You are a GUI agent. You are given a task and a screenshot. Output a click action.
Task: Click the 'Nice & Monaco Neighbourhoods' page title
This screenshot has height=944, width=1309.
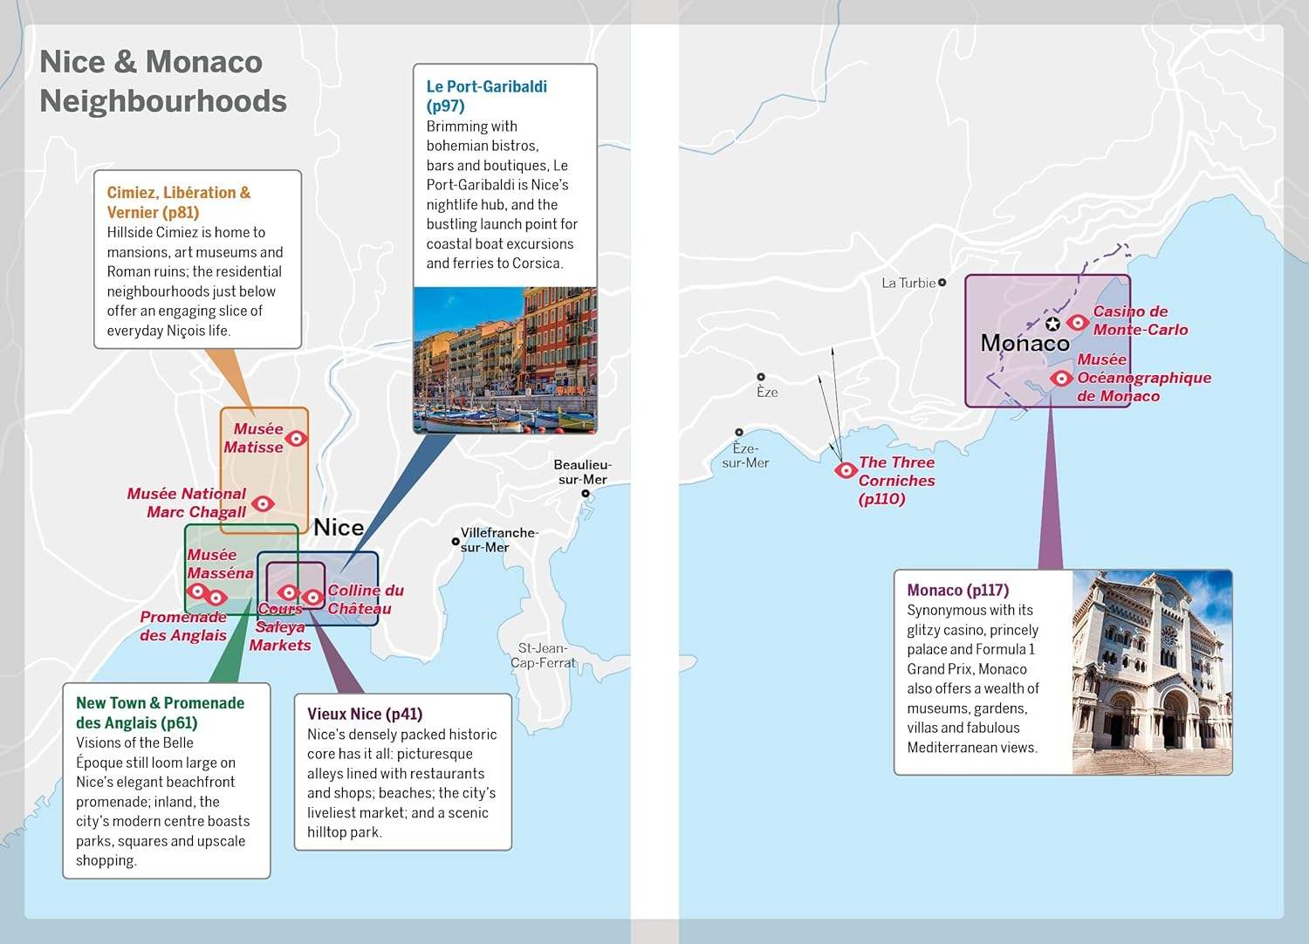point(163,81)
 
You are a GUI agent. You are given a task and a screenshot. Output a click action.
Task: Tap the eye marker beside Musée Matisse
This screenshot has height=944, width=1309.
point(297,438)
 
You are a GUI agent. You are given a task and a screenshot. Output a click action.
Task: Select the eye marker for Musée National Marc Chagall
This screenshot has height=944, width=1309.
point(263,503)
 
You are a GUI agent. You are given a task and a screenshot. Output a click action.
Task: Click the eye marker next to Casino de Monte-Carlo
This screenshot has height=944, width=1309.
point(1078,322)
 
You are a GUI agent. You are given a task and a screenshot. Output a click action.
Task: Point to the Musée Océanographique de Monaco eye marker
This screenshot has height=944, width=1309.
point(1061,378)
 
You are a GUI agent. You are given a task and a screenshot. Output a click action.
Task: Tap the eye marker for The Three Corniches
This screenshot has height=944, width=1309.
point(845,470)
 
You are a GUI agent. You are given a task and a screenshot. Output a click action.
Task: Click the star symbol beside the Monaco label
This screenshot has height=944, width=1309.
point(1052,324)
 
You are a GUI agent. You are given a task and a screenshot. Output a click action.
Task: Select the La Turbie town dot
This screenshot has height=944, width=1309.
point(942,283)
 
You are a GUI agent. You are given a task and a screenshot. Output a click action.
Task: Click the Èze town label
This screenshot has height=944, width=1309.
point(767,392)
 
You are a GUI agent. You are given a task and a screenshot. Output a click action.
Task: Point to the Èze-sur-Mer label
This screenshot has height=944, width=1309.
point(745,455)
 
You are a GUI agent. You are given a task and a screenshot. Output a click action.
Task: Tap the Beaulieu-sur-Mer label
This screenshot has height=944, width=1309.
point(583,472)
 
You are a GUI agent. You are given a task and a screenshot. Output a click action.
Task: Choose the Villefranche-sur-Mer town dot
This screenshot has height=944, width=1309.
point(456,542)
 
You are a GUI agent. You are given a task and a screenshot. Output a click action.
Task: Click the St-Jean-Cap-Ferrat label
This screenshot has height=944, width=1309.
point(544,655)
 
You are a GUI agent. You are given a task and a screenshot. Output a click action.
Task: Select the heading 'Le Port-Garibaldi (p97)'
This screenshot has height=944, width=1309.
point(487,96)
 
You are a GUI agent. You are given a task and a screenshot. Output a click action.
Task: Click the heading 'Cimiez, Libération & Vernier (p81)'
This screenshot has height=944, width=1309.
point(179,202)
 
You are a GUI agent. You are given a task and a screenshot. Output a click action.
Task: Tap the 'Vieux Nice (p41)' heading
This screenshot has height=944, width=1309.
point(365,714)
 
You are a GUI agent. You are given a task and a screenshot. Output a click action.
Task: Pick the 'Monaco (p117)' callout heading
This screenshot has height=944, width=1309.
point(958,590)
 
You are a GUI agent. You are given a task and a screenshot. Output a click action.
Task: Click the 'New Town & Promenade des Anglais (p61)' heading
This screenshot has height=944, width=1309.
point(160,713)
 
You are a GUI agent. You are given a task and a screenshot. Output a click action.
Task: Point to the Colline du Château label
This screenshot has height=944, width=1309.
point(366,599)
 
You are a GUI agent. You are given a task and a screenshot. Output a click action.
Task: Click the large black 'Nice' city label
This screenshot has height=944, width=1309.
point(339,528)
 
